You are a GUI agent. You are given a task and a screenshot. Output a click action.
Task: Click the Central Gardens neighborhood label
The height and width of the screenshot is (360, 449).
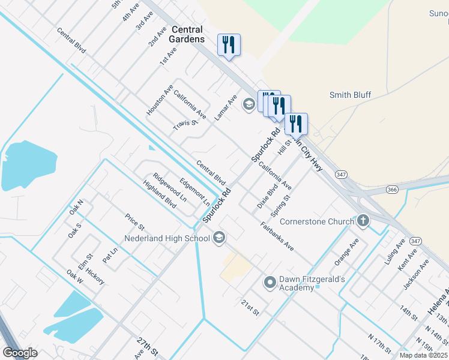187,34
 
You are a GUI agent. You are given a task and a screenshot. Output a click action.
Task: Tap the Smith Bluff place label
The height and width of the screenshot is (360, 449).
350,95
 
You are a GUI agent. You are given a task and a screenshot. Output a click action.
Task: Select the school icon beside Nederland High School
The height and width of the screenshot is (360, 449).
219,238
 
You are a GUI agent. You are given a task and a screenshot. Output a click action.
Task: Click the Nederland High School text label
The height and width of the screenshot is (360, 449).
167,238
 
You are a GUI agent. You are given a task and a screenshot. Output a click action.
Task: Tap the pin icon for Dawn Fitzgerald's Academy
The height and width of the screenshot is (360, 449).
270,281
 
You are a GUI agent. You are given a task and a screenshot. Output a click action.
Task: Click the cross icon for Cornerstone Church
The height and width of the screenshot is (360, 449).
363,221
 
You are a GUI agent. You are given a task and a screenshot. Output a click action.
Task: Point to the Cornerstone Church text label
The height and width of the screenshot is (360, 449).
317,221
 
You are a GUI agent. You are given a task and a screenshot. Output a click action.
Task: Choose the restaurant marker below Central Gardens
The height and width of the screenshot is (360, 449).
229,44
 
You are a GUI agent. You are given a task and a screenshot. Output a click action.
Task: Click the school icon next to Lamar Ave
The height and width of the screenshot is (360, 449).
249,105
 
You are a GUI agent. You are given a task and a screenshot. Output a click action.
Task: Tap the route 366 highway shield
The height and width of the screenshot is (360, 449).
392,190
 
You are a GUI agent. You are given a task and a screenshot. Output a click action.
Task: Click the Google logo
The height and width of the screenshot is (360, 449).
20,352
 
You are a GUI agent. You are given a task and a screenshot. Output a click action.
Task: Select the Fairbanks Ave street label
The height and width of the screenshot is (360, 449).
277,236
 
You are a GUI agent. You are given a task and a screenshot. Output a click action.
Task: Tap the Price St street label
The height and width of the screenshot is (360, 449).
134,222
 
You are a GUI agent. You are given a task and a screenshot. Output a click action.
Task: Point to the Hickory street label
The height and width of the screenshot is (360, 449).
95,277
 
